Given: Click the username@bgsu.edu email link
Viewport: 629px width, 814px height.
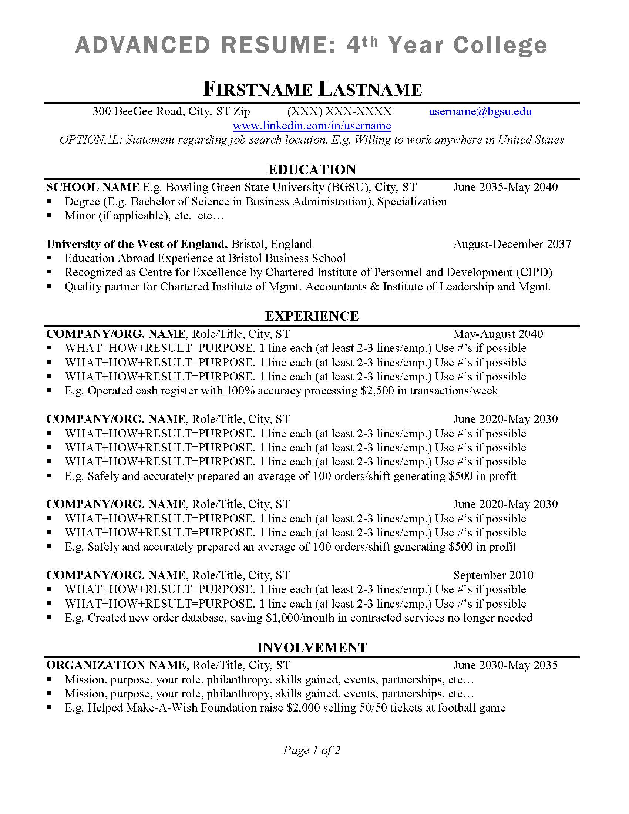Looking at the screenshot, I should tap(480, 111).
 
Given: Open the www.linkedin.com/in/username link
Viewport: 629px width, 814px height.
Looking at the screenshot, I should tap(312, 125).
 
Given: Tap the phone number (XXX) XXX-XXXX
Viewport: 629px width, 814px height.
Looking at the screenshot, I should tap(339, 111).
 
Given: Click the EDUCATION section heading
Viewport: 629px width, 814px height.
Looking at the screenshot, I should tap(312, 169).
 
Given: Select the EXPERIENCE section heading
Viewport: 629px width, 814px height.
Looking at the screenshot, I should tap(312, 316).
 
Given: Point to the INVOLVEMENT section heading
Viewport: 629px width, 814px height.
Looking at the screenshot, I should tap(312, 647).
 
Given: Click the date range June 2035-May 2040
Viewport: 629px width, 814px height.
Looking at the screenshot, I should tap(505, 187).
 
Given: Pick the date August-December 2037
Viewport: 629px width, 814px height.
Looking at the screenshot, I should tap(512, 244).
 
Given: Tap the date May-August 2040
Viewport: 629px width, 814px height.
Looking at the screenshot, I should tap(498, 334).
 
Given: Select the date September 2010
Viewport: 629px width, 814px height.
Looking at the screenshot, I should tap(493, 575).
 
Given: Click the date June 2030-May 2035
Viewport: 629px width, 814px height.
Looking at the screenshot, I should tap(505, 665).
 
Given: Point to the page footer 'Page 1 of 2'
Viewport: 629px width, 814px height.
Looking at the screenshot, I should tap(312, 750).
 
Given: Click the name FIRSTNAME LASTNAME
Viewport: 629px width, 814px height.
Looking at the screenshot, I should tap(312, 90).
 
